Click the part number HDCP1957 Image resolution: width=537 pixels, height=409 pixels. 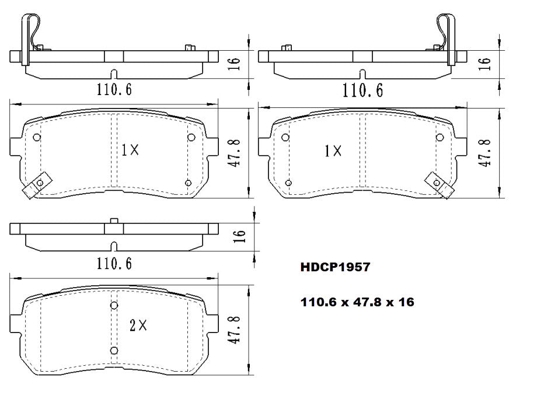pyautogui.click(x=334, y=267)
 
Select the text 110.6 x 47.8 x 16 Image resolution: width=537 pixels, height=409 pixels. pyautogui.click(x=357, y=302)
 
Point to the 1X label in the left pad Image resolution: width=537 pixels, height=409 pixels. pyautogui.click(x=130, y=150)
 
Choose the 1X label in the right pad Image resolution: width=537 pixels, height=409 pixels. pyautogui.click(x=333, y=151)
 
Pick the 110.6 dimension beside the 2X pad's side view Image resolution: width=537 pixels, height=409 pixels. pyautogui.click(x=114, y=263)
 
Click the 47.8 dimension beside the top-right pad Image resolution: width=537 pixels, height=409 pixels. pyautogui.click(x=484, y=153)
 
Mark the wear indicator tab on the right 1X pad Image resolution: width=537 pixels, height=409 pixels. pyautogui.click(x=441, y=185)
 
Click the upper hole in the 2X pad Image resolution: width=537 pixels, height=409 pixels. pyautogui.click(x=114, y=305)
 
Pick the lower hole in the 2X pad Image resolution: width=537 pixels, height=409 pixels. pyautogui.click(x=114, y=350)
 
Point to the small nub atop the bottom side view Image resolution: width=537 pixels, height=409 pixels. pyautogui.click(x=114, y=221)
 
